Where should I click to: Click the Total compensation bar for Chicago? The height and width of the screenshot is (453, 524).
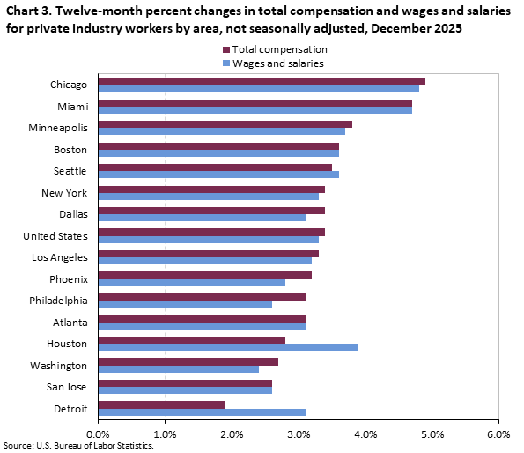tap(262, 81)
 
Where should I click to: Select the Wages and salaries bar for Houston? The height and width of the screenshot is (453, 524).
tap(228, 347)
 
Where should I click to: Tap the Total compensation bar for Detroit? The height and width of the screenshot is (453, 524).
tap(161, 405)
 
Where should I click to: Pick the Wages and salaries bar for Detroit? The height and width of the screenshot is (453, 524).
tap(202, 412)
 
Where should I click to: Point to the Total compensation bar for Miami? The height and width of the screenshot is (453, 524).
tap(255, 102)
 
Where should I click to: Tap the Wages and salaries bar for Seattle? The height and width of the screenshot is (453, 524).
tap(218, 175)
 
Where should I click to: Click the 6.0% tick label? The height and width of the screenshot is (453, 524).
tap(498, 434)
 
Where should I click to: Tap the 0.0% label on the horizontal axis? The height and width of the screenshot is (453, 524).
tap(98, 434)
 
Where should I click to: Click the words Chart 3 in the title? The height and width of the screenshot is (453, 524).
tap(27, 12)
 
